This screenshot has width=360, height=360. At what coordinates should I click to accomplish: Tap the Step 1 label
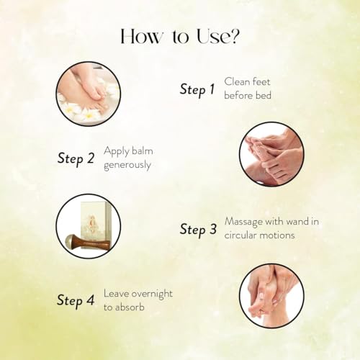pyautogui.click(x=197, y=89)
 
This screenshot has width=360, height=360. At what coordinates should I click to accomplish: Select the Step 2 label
pyautogui.click(x=76, y=158)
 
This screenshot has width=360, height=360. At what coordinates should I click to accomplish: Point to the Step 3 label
pyautogui.click(x=198, y=229)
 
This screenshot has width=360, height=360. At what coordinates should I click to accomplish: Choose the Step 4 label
pyautogui.click(x=76, y=300)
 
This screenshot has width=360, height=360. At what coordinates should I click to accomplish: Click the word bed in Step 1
pyautogui.click(x=264, y=96)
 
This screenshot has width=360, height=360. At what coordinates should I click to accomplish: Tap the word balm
pyautogui.click(x=143, y=151)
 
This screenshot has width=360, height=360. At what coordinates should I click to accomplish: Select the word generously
pyautogui.click(x=127, y=166)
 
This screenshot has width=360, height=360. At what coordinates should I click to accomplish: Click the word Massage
pyautogui.click(x=243, y=222)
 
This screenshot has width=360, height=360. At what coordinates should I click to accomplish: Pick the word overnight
pyautogui.click(x=152, y=294)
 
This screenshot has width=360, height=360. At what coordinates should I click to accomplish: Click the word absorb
pyautogui.click(x=131, y=307)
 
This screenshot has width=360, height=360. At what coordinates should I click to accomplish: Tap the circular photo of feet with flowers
pyautogui.click(x=89, y=94)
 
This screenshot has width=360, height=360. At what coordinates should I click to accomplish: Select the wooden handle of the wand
pyautogui.click(x=93, y=243)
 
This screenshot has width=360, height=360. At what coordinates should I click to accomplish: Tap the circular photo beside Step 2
pyautogui.click(x=271, y=154)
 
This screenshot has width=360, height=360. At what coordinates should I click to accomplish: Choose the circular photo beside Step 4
pyautogui.click(x=271, y=296)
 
